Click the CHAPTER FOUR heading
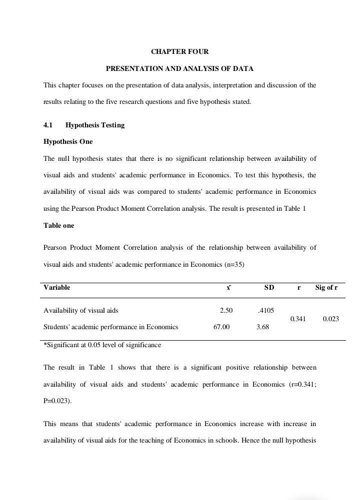179,51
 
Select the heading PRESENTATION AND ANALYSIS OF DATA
179,68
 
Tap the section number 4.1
48,125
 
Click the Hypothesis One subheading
68,141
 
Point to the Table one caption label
58,225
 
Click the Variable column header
56,287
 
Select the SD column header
269,287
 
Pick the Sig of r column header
326,287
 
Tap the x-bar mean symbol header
228,287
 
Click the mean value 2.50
226,310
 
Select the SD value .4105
265,310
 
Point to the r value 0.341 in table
298,319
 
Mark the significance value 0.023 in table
331,319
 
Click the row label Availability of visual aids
81,310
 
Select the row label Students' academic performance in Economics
111,327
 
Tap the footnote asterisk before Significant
45,345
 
